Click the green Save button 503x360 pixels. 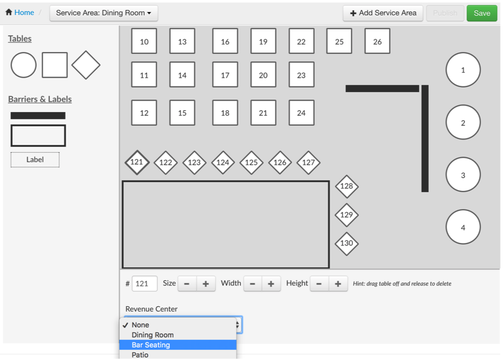click(482, 13)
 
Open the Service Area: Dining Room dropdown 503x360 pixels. click(104, 13)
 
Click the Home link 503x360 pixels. click(20, 13)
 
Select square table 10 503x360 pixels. click(144, 42)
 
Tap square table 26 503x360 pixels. click(377, 42)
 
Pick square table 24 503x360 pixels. click(302, 113)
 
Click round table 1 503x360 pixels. click(463, 70)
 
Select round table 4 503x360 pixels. click(463, 227)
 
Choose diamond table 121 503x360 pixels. click(137, 162)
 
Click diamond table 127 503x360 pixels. click(308, 162)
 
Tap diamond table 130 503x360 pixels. click(347, 243)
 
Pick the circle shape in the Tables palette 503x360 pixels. click(23, 65)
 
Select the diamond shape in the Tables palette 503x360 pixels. click(86, 65)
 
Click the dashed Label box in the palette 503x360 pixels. click(35, 160)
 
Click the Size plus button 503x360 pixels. click(206, 284)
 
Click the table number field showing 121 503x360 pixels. click(145, 284)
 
